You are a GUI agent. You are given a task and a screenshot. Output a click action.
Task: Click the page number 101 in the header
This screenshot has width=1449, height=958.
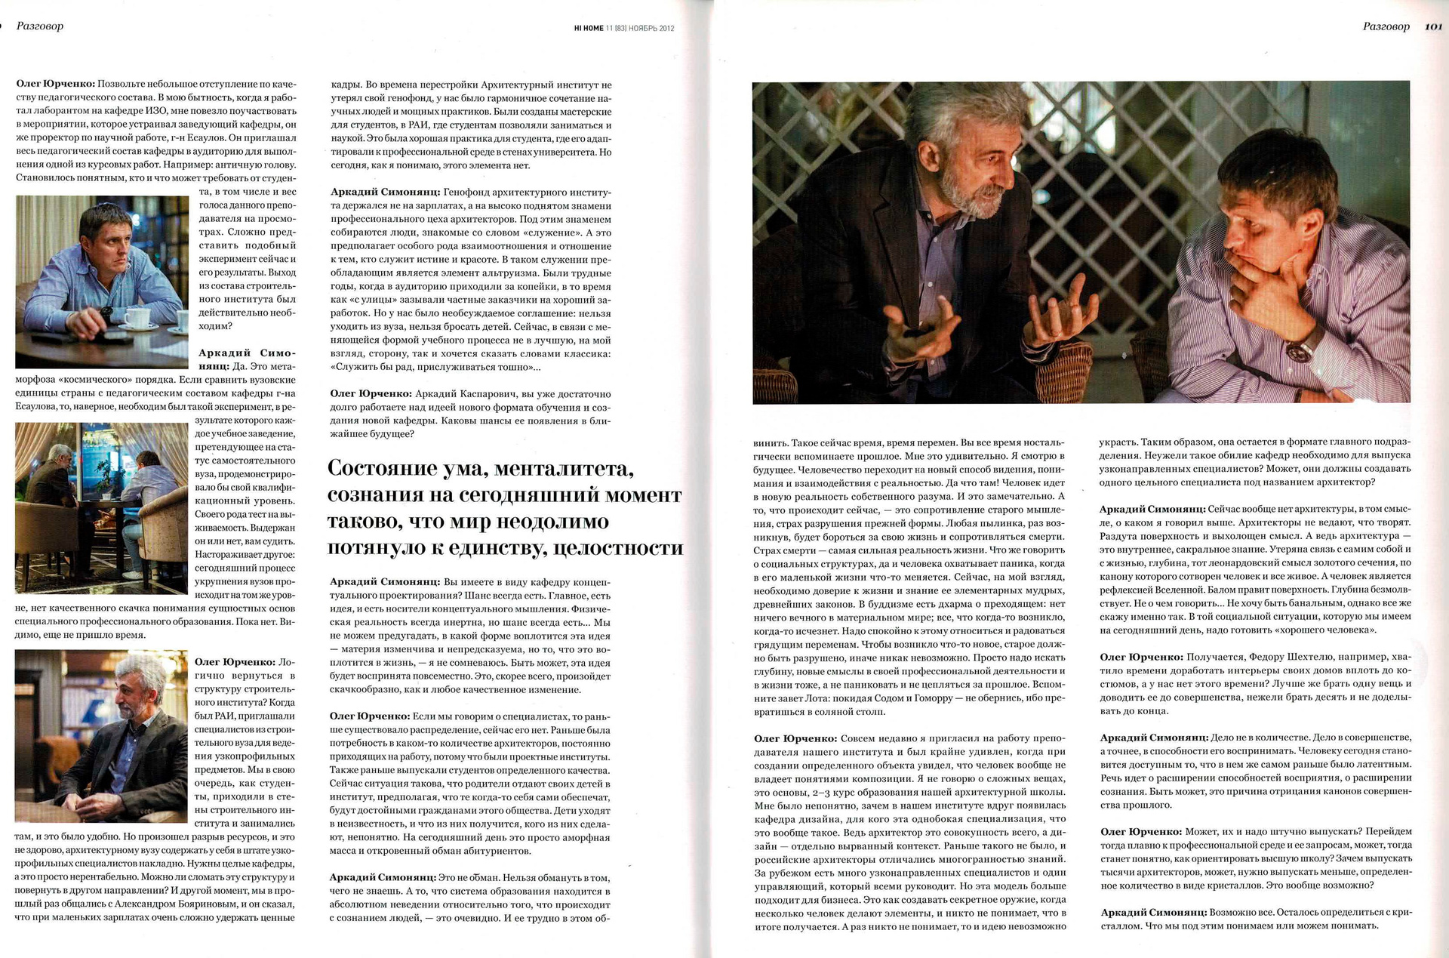pyautogui.click(x=1433, y=26)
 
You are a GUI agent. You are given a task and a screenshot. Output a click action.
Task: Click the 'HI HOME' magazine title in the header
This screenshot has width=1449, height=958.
pyautogui.click(x=589, y=29)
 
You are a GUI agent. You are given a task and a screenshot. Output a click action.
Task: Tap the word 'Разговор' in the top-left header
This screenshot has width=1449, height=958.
pyautogui.click(x=40, y=26)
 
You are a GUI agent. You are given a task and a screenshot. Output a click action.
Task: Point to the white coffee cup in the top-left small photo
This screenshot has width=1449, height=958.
pyautogui.click(x=137, y=316)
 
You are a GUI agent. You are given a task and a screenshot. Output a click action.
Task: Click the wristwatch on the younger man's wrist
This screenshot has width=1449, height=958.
pyautogui.click(x=1306, y=348)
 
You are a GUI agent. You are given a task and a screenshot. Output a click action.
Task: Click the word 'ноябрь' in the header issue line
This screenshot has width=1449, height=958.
pyautogui.click(x=644, y=29)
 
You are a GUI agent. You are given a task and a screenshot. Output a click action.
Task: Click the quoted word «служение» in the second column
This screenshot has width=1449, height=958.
pyautogui.click(x=543, y=233)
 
